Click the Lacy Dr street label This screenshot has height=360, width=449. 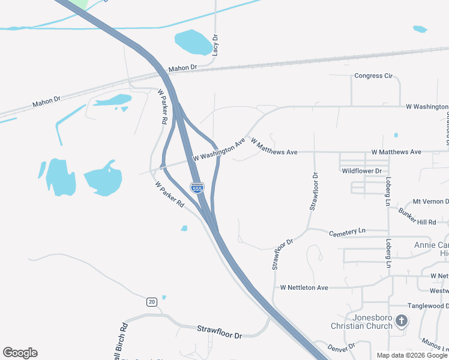coord(215,46)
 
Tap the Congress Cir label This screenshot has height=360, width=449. coord(373,76)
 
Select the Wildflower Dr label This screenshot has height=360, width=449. coord(361,171)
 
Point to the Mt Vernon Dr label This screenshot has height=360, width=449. coord(430,202)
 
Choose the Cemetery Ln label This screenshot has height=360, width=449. coord(347,231)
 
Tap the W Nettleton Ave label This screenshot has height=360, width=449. coord(304,288)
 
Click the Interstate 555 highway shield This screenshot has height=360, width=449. coord(197,187)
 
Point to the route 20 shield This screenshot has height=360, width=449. coord(152,302)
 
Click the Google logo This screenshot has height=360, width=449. coord(20,353)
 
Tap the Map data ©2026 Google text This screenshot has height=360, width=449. coord(412,355)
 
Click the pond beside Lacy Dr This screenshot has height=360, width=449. coord(193,42)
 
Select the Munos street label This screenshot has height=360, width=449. coord(435,343)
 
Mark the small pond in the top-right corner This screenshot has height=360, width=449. coord(420,29)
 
